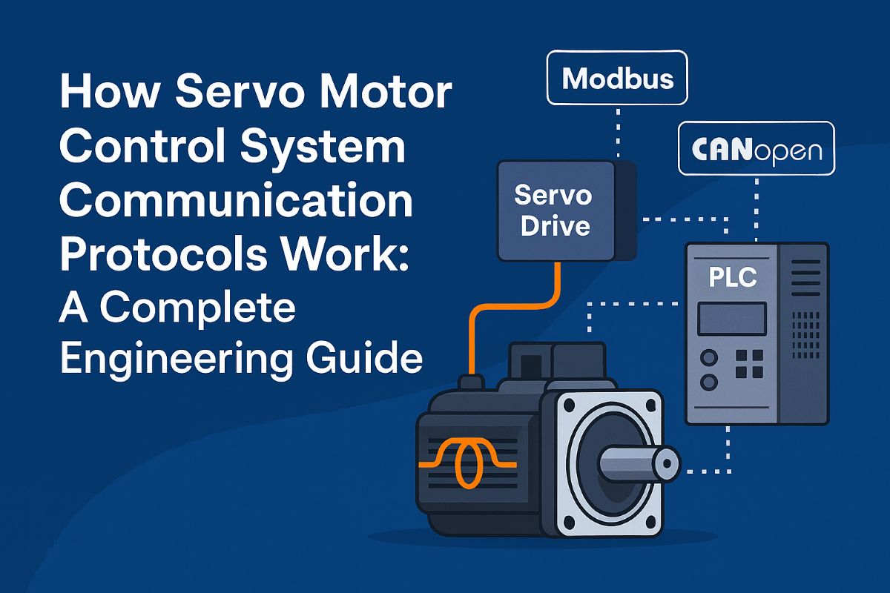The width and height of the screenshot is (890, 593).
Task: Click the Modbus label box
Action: (616, 77)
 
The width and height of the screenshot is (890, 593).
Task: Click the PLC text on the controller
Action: (732, 277)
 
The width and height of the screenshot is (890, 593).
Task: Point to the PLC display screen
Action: (731, 319)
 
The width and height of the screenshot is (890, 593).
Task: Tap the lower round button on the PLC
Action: (709, 382)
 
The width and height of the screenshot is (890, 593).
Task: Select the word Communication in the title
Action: (235, 202)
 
